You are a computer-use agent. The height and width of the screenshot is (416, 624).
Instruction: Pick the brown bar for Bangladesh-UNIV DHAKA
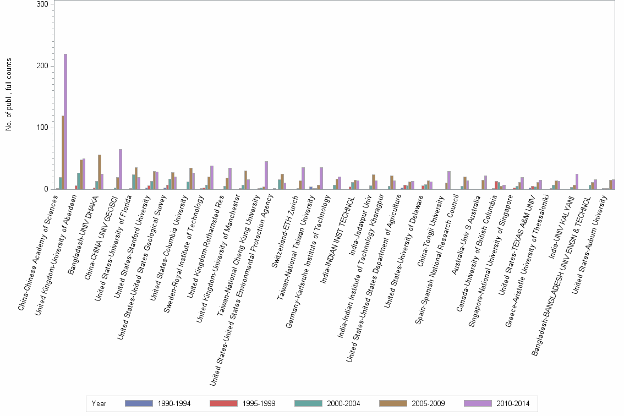click(100, 172)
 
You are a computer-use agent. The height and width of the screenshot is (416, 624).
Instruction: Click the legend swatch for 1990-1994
click(139, 403)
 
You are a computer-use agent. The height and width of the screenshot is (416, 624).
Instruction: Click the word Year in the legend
click(99, 403)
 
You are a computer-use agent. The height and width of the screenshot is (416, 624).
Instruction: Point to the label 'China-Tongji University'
click(431, 233)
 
